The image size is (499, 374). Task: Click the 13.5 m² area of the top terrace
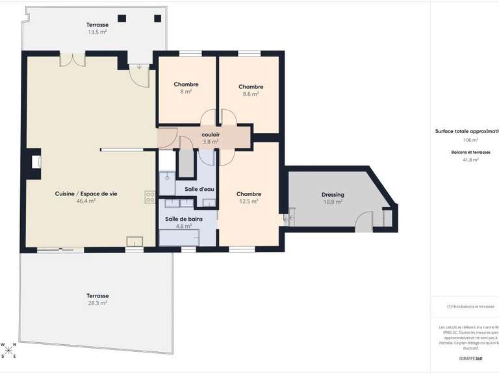click(x=98, y=31)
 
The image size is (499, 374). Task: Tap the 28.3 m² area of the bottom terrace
click(x=98, y=303)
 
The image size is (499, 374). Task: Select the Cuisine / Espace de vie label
click(x=86, y=193)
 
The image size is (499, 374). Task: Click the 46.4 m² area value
click(x=86, y=201)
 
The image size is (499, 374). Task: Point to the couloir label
click(x=211, y=134)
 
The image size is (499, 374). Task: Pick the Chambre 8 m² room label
click(x=186, y=84)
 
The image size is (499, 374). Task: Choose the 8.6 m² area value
click(x=251, y=94)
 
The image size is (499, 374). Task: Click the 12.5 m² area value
click(x=249, y=201)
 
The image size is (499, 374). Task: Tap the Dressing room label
click(x=333, y=195)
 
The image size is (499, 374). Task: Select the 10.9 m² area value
click(x=333, y=202)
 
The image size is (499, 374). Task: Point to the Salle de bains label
click(x=179, y=219)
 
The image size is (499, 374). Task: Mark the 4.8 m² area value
click(x=179, y=227)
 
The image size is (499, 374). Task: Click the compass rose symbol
click(x=9, y=351)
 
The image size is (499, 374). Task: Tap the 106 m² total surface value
click(x=471, y=140)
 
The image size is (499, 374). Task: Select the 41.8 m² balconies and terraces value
click(x=470, y=160)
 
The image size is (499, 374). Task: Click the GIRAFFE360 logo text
click(x=470, y=358)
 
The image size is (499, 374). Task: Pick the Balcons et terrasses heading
click(x=471, y=152)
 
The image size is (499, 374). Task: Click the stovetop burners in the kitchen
click(x=150, y=196)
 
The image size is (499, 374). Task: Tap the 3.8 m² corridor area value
click(x=211, y=142)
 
